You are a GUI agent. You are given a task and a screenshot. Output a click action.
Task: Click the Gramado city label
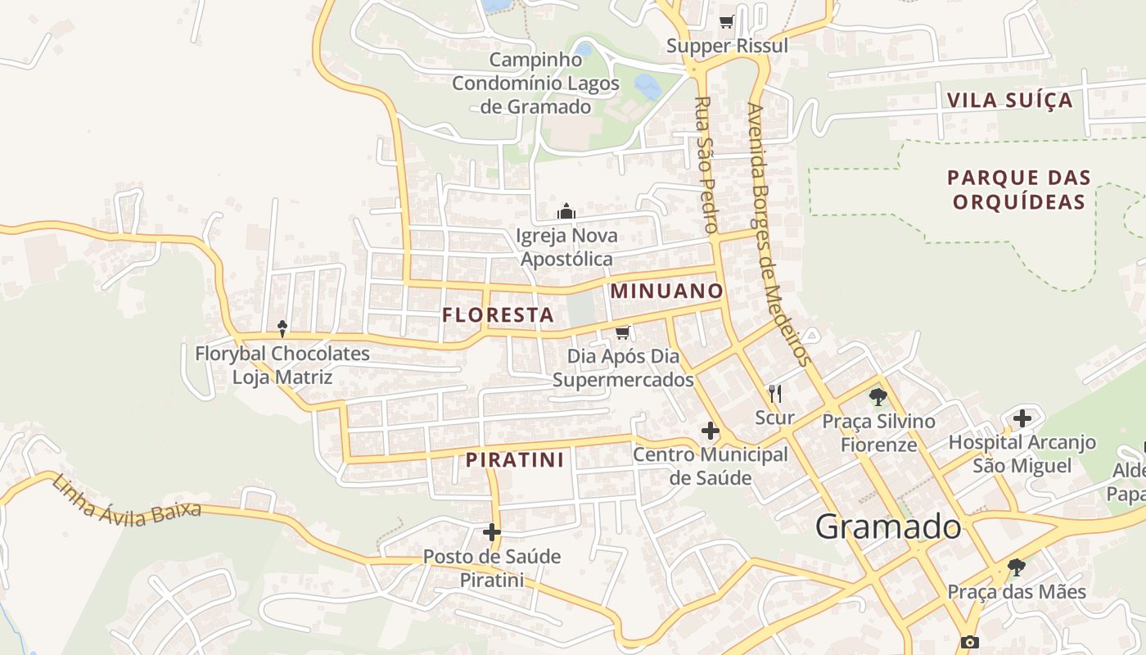888,526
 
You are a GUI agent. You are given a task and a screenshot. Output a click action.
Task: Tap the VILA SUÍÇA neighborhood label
1009,101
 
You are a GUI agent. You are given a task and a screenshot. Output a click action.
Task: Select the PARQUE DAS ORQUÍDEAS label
1019,190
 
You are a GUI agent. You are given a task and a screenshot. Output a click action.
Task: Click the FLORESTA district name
498,314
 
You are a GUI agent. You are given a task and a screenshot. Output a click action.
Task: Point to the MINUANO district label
666,291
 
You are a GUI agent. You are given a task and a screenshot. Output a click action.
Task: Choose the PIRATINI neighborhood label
515,460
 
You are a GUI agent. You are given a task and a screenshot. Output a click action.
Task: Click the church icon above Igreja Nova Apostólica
566,212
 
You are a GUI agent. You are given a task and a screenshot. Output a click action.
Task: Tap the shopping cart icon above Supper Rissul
726,22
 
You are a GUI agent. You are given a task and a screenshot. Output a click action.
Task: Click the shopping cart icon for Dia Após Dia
623,332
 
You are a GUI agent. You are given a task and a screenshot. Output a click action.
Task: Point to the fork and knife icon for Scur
775,394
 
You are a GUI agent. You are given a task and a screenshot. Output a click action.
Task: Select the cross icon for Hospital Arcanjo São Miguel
1022,418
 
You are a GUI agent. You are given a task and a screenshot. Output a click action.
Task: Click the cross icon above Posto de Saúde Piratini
492,532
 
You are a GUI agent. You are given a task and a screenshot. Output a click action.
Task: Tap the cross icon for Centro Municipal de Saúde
710,430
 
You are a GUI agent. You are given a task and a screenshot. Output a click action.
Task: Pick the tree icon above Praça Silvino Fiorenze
878,398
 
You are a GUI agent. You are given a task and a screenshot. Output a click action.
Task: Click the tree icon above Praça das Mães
1017,567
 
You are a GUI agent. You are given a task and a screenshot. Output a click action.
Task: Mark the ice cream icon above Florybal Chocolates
282,329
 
